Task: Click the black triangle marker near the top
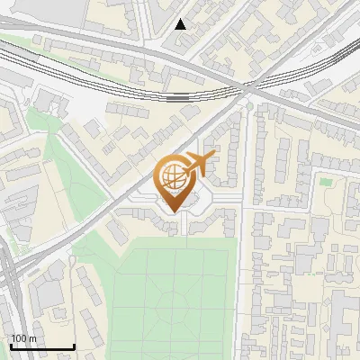click(181, 24)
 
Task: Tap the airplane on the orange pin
click(197, 164)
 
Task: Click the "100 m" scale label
click(24, 338)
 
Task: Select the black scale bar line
click(41, 346)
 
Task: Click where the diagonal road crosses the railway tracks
click(248, 88)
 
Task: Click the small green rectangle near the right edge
click(325, 181)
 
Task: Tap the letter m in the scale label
click(32, 338)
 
